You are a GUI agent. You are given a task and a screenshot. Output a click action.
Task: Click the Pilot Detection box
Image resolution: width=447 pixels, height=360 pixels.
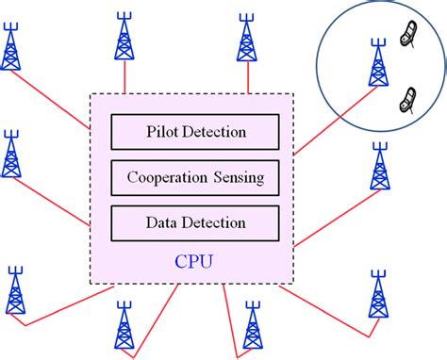(195, 131)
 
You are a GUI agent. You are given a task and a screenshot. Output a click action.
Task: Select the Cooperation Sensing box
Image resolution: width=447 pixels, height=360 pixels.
(195, 176)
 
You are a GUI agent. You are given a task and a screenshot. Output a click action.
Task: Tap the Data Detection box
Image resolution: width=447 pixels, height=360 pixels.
(195, 222)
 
